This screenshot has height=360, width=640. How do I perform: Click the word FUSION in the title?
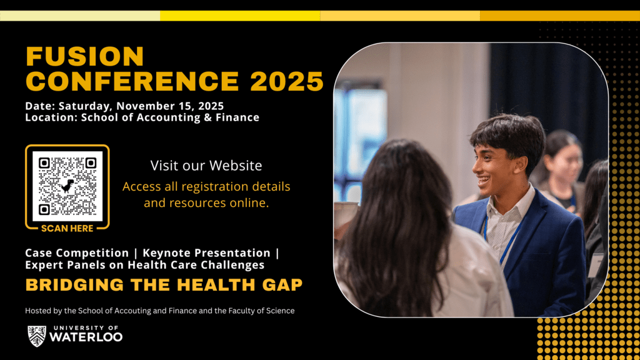click(84, 57)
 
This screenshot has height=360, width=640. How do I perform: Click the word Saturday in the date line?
click(84, 106)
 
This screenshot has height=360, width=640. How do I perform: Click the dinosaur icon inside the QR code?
click(67, 186)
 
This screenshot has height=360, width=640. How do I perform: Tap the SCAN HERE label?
click(67, 228)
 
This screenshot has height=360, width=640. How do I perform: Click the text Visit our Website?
click(206, 166)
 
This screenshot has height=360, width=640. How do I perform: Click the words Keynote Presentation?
click(206, 253)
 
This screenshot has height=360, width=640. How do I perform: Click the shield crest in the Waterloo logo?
click(36, 336)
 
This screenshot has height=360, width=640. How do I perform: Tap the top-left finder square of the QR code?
click(44, 163)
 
